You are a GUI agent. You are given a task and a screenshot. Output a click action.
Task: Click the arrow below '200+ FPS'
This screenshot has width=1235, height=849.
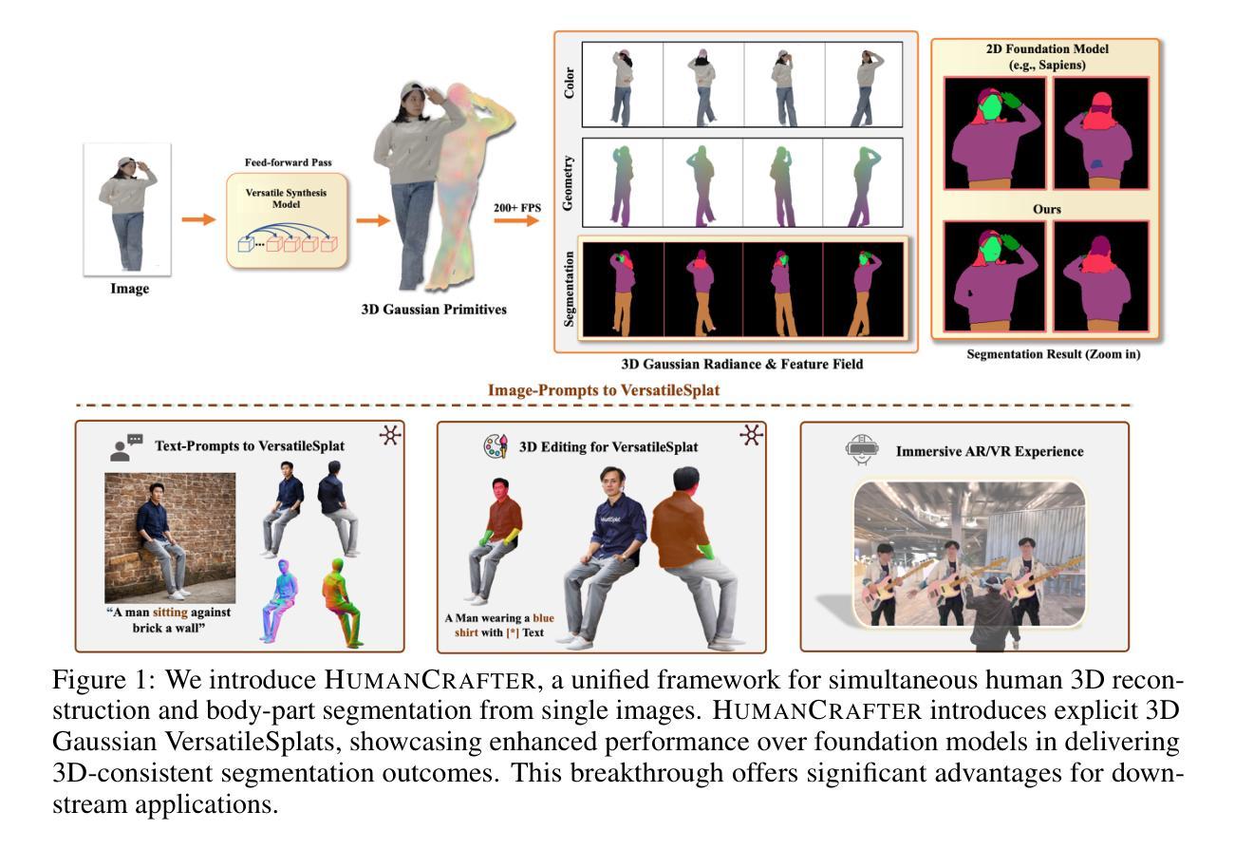click(x=516, y=221)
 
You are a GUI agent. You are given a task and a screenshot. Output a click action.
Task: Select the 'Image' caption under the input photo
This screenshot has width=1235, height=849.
click(x=129, y=289)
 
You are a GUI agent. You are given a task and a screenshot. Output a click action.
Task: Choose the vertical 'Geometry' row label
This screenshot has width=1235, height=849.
click(x=567, y=182)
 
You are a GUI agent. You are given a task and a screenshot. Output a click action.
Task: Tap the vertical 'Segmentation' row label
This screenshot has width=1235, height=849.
click(x=569, y=289)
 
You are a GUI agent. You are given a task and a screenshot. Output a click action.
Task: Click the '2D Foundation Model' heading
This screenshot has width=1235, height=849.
click(x=1046, y=47)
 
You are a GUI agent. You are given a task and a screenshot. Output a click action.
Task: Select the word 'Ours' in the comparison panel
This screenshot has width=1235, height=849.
click(x=1046, y=208)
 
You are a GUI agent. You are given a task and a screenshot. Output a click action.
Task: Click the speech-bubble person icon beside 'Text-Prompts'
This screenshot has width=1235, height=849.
click(x=126, y=446)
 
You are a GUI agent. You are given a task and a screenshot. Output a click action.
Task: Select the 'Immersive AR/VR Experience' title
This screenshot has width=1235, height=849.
click(x=989, y=452)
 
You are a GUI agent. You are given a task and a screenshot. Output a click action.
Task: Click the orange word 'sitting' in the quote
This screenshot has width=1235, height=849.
click(x=172, y=613)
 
